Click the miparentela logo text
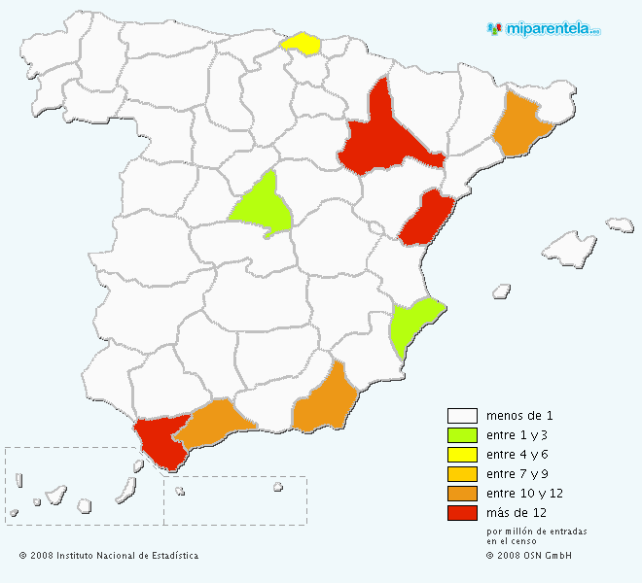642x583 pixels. pyautogui.click(x=551, y=29)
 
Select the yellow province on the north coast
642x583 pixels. pyautogui.click(x=301, y=44)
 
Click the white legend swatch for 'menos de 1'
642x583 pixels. pyautogui.click(x=462, y=416)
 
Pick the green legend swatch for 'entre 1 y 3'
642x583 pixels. pyautogui.click(x=462, y=435)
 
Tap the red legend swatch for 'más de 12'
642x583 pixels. pyautogui.click(x=462, y=513)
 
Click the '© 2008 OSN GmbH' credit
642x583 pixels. pyautogui.click(x=529, y=556)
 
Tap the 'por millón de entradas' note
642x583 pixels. pyautogui.click(x=536, y=532)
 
